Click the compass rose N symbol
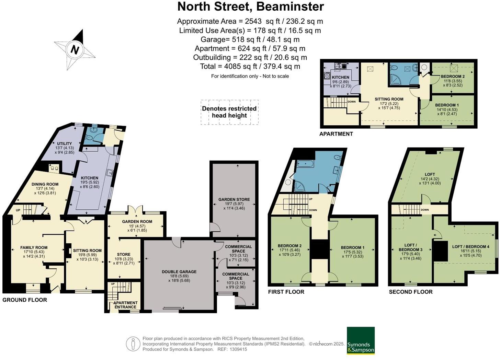point(75,50)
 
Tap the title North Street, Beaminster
point(250,7)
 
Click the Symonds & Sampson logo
point(361,340)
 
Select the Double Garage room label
point(179,272)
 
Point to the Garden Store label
point(234,199)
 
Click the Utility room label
point(65,144)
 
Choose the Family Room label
point(34,247)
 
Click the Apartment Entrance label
point(125,305)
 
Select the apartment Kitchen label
point(340,77)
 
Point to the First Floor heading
point(286,292)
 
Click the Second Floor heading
point(411,292)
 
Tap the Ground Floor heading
point(25,300)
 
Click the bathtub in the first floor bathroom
point(305,164)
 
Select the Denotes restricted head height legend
point(229,112)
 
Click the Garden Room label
point(137,222)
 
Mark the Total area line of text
point(250,66)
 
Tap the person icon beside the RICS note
point(133,344)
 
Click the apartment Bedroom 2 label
point(453,76)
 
